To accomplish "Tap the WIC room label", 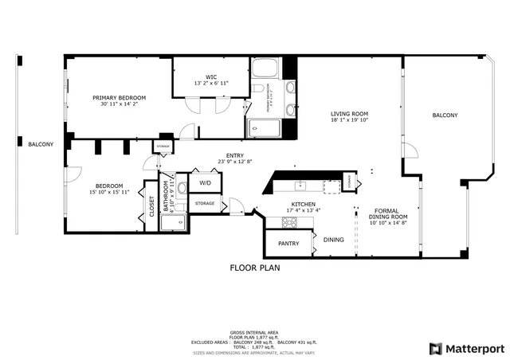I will (x=211, y=76).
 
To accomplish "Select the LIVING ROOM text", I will (x=349, y=113).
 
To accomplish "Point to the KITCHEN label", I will (x=303, y=205).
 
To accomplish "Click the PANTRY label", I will (x=288, y=243).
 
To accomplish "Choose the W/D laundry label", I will (x=205, y=183).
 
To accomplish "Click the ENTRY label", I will (x=234, y=156).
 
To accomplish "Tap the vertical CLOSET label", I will (x=152, y=205).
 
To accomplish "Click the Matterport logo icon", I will (x=434, y=348).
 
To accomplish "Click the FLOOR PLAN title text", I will (x=255, y=268).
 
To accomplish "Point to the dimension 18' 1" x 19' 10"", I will (x=349, y=120).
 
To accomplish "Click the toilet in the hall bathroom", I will (x=181, y=189).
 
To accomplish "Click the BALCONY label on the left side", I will (x=40, y=144).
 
